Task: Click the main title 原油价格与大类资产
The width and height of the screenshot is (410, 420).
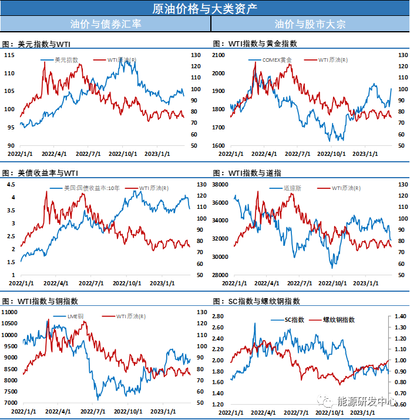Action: click(x=204, y=8)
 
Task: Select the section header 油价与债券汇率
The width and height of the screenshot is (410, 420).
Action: click(x=105, y=24)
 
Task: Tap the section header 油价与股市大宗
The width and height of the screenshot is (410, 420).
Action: click(x=310, y=24)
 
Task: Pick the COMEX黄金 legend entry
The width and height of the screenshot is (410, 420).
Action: click(x=277, y=60)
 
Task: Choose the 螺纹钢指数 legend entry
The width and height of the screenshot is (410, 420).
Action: click(x=339, y=320)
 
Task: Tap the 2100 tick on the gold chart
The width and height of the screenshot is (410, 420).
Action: click(x=219, y=55)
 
